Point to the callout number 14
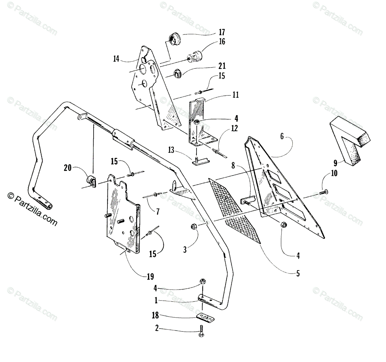pyautogui.click(x=116, y=59)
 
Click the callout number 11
pyautogui.click(x=235, y=95)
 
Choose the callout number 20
pyautogui.click(x=68, y=167)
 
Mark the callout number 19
pyautogui.click(x=150, y=276)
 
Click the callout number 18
pyautogui.click(x=155, y=315)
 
